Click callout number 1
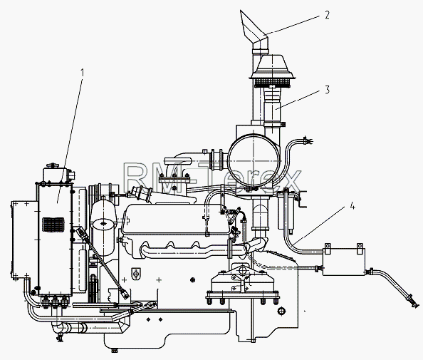[82, 73]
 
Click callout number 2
[327, 15]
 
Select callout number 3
[328, 90]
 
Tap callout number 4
[352, 206]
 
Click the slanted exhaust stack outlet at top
[254, 30]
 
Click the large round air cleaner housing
[254, 160]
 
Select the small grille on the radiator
[53, 225]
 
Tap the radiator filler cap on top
[52, 165]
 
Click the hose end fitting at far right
[413, 301]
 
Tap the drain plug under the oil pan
[115, 351]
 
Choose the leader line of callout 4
[319, 225]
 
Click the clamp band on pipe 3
[274, 125]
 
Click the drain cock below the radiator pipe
[60, 337]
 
